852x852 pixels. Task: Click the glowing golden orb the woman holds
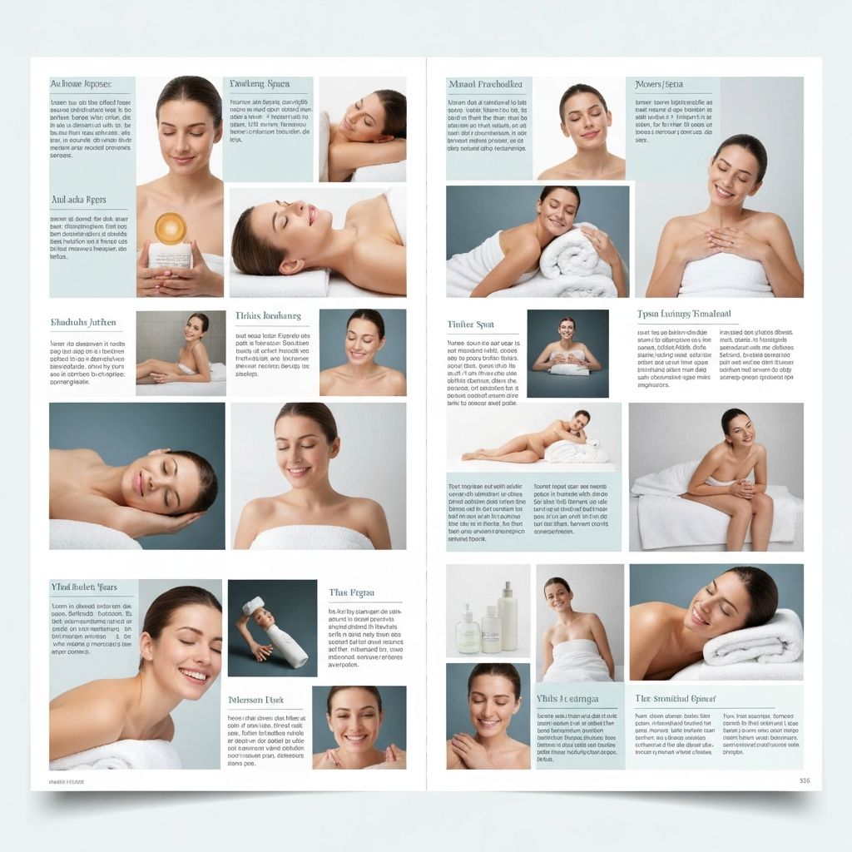[171, 227]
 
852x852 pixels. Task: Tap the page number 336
[804, 780]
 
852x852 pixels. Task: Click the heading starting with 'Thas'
[351, 593]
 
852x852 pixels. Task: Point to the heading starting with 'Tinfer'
[471, 324]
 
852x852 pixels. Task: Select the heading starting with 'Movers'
[659, 85]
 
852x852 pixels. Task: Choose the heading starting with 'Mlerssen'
[256, 701]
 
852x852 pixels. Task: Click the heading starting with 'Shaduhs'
[83, 322]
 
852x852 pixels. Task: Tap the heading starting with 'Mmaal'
[485, 85]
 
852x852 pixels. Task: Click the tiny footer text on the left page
[67, 782]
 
